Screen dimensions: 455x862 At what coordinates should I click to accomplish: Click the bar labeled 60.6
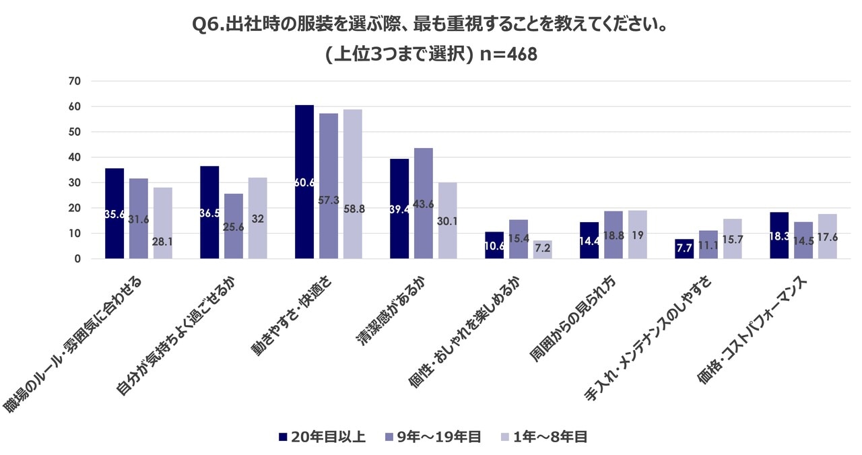coord(304,182)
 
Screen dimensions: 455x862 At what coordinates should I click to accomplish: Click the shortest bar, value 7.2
coord(542,250)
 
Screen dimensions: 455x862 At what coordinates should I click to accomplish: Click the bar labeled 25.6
coord(234,226)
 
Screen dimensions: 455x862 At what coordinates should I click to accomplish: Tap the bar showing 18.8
coord(614,235)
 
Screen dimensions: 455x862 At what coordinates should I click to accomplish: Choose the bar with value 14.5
coord(803,240)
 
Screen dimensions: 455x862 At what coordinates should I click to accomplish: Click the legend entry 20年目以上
coord(322,437)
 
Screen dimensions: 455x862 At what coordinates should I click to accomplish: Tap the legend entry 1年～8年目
coord(543,437)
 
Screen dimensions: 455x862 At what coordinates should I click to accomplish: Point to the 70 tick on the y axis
coord(74,81)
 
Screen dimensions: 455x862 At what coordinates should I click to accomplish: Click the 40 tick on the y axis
coord(74,157)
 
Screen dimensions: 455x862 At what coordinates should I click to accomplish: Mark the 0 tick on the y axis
coord(77,259)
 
